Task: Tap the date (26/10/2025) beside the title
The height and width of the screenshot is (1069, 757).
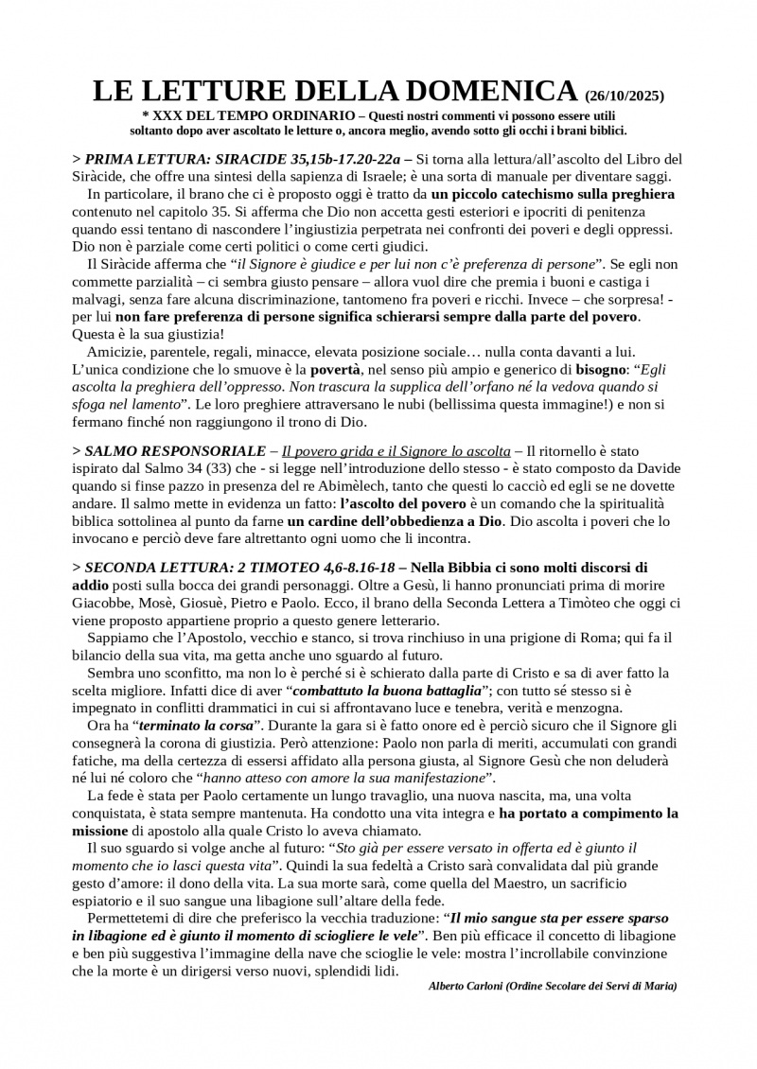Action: (x=625, y=96)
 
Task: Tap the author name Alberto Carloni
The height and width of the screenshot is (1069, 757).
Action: (x=465, y=986)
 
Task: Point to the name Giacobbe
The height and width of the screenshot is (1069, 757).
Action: (x=101, y=603)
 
